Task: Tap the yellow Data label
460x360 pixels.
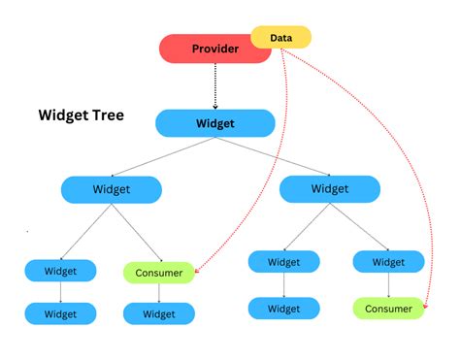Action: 281,38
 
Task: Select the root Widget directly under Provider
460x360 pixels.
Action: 215,123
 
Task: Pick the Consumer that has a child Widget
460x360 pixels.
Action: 159,273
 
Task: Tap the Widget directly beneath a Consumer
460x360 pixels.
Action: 159,313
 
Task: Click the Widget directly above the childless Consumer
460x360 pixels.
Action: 388,262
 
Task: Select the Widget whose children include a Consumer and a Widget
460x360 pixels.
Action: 111,188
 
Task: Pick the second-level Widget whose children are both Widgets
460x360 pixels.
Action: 329,188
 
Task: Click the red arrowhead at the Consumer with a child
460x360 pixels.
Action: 197,273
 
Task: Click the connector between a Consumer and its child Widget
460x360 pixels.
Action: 159,293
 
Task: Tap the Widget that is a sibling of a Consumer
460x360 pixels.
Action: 60,270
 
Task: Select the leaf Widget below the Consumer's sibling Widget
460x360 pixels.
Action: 60,313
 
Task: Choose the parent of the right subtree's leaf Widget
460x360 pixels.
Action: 283,262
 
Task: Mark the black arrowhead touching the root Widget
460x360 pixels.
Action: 215,105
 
